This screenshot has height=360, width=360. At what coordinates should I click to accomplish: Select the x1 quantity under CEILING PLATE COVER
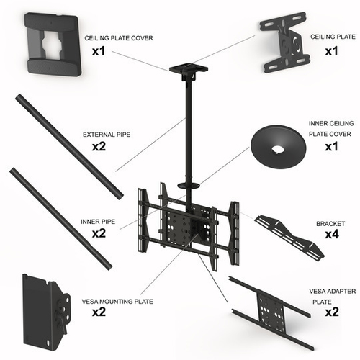tap(99, 51)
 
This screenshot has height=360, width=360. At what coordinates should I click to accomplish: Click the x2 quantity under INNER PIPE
tap(99, 233)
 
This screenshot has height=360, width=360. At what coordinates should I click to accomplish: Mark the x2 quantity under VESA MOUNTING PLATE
tap(99, 312)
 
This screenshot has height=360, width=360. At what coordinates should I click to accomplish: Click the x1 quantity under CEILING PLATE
tap(331, 51)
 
